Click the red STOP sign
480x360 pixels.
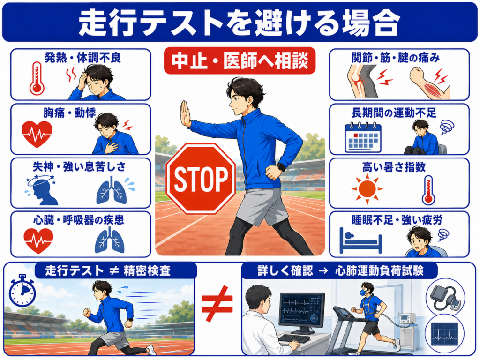click(201, 179)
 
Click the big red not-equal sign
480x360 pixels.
click(217, 303)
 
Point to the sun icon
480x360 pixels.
click(367, 189)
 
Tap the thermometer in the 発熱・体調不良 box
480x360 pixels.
click(37, 78)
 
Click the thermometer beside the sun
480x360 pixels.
click(428, 190)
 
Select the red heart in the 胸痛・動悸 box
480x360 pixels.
click(37, 134)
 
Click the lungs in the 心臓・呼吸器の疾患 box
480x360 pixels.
click(110, 240)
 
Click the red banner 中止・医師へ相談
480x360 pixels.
click(240, 60)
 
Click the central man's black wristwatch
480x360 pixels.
click(281, 167)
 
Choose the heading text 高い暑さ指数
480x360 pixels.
click(394, 167)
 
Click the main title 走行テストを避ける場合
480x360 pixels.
click(240, 23)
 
